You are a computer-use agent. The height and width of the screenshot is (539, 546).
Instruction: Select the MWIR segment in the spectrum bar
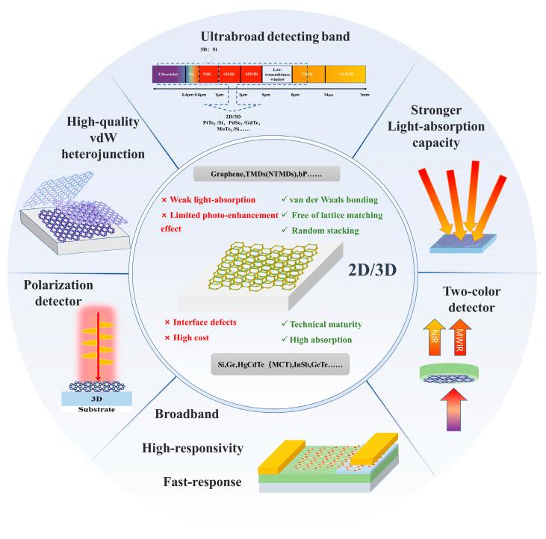[x=251, y=74]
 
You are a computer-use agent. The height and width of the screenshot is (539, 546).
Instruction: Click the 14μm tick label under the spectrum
[x=329, y=96]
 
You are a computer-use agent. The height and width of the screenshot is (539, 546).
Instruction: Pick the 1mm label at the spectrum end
[x=364, y=96]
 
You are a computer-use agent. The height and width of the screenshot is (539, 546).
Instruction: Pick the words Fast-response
[x=202, y=482]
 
